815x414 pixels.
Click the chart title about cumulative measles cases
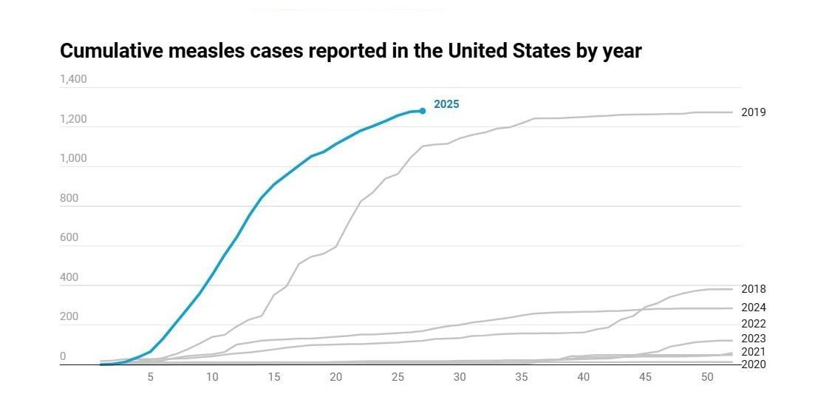[x=351, y=51]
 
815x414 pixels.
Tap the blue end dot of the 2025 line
[x=423, y=111]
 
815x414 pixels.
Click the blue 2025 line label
[x=446, y=104]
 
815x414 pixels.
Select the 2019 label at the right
[x=753, y=112]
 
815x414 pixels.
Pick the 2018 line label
[x=753, y=289]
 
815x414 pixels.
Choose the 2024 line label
[x=753, y=308]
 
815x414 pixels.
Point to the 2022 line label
[x=753, y=323]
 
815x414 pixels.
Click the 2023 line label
[x=753, y=339]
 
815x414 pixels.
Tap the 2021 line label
[x=753, y=352]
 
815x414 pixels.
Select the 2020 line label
[x=753, y=364]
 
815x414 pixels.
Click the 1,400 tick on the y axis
[x=73, y=79]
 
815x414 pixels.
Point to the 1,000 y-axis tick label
[x=73, y=158]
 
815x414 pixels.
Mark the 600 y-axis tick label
[x=69, y=237]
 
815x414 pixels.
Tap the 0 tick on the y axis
[x=63, y=356]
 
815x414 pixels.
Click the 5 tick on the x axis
[x=151, y=377]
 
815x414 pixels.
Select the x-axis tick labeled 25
[x=398, y=377]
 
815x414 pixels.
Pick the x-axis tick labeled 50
[x=706, y=377]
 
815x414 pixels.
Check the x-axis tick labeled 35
[x=521, y=377]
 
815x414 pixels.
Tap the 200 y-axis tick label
[x=69, y=316]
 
